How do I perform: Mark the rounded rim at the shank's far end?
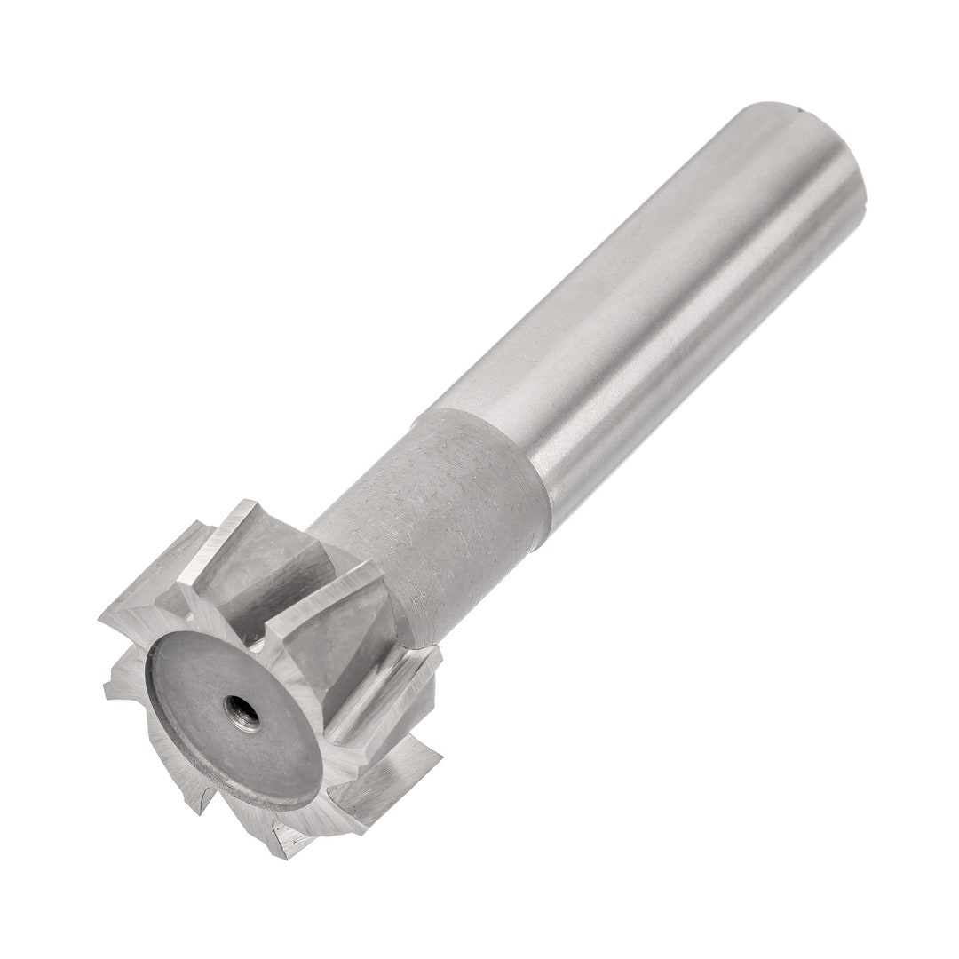[x=835, y=151]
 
